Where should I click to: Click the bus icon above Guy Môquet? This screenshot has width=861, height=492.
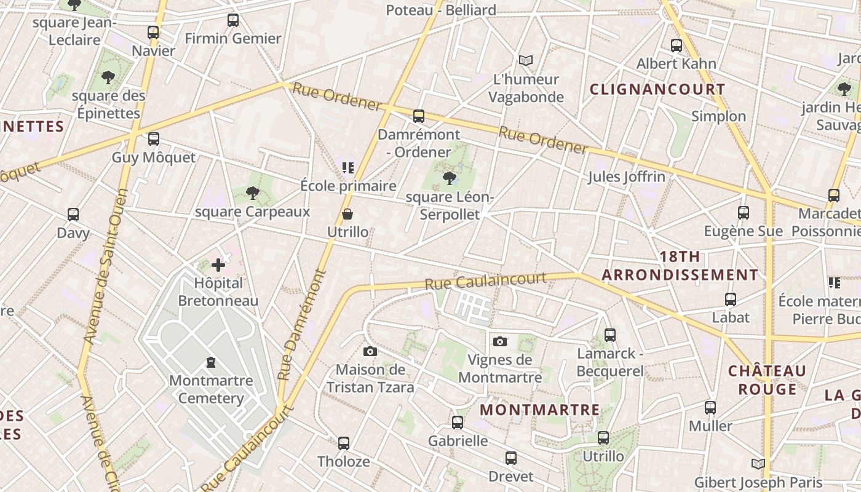point(153,139)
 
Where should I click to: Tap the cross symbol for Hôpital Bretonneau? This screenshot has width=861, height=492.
point(218,265)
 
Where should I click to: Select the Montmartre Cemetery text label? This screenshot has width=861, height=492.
point(211,389)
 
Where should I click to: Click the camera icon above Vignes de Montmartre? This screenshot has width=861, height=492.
point(500,341)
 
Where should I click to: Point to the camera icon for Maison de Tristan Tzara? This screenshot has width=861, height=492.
point(370,351)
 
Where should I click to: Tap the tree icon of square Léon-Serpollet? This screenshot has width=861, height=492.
point(449,178)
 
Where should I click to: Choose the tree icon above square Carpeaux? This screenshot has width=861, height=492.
point(252,193)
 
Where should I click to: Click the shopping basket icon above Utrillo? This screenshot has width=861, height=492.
point(347,214)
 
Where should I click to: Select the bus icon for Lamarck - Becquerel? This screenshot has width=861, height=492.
point(610,335)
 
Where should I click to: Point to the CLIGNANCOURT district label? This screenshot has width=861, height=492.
point(657,89)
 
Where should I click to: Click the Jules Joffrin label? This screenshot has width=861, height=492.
point(626,177)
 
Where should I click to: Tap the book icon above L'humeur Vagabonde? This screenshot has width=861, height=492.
point(525,60)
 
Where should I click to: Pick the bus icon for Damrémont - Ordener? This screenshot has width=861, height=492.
point(419,116)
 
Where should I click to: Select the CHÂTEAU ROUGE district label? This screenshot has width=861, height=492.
point(767,380)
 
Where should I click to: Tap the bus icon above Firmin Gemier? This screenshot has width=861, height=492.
point(233,20)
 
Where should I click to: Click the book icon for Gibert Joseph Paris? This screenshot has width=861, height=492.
point(758,464)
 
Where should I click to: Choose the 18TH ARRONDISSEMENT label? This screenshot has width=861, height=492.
point(680,266)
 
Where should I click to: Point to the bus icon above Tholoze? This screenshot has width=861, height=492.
point(344,443)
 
